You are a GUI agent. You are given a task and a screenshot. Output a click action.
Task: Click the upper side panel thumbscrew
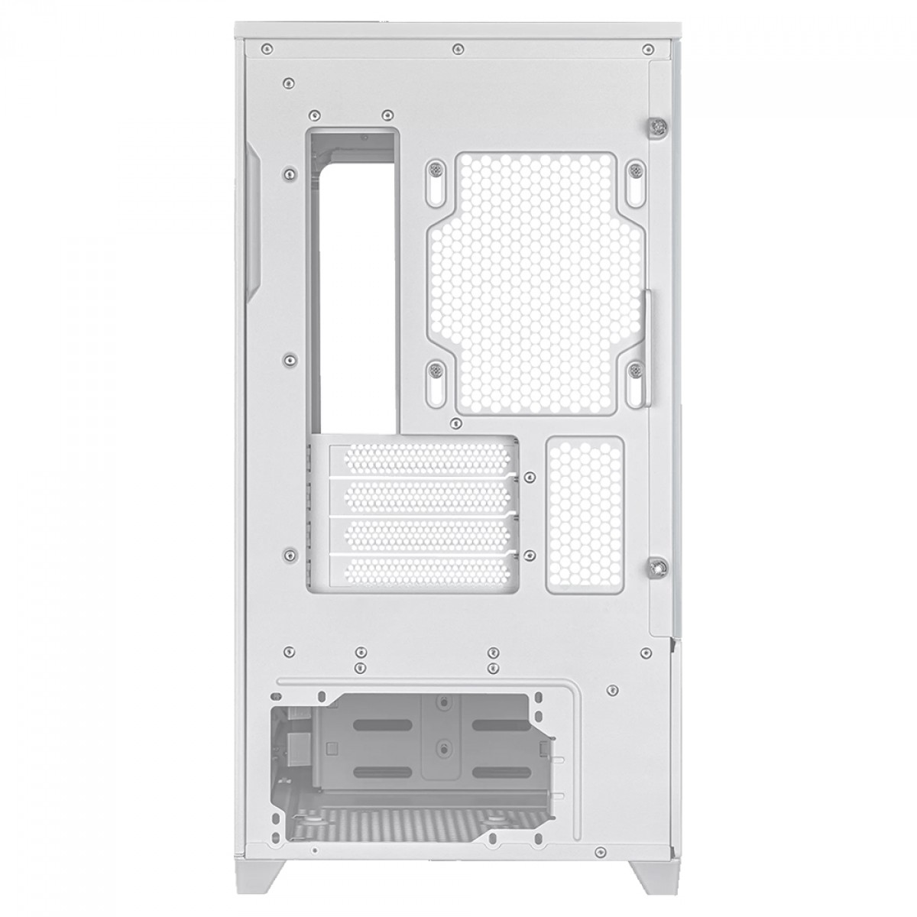point(657,127)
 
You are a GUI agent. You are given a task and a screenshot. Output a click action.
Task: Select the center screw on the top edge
point(456,47)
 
